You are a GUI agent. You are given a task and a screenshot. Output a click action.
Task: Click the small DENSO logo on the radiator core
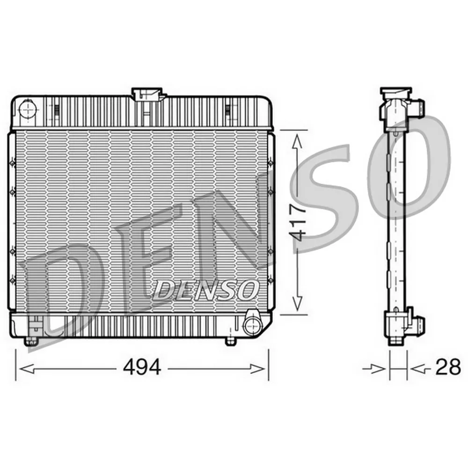pos(206,290)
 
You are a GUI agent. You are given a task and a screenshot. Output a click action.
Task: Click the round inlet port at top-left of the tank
pos(28,110)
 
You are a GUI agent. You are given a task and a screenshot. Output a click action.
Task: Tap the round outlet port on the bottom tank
pos(252,326)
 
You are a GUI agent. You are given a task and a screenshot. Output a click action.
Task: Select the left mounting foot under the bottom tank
pos(31,341)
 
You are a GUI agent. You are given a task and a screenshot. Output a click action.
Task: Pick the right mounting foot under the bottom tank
pos(230,341)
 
